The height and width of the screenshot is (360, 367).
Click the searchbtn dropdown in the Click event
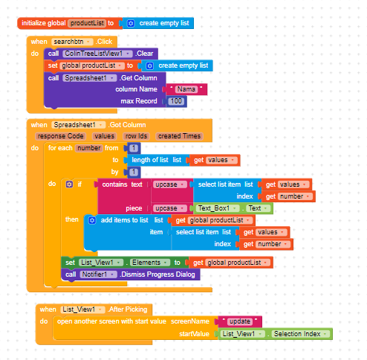(72, 42)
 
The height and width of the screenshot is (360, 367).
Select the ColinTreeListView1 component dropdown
(97, 54)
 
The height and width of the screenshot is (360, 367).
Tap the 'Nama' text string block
(186, 89)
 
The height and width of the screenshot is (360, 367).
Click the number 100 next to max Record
(176, 101)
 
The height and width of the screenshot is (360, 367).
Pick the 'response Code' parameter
(60, 136)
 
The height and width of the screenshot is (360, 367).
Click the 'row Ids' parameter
(136, 136)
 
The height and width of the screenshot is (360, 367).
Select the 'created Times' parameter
(179, 136)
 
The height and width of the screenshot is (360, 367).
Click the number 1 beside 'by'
(134, 172)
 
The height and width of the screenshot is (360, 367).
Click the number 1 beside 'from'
(134, 148)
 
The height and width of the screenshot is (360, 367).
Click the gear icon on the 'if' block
(69, 184)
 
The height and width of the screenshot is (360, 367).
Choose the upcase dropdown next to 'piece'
(170, 208)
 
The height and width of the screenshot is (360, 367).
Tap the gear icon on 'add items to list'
(92, 220)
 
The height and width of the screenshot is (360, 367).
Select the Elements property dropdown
(150, 263)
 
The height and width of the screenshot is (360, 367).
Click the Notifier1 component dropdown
(98, 274)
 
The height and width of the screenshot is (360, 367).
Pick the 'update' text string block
(240, 321)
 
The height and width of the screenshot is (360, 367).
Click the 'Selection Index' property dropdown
(301, 334)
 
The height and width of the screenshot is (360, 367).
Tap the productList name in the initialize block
(87, 23)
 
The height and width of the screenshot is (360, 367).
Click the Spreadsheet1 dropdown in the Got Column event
(78, 125)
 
